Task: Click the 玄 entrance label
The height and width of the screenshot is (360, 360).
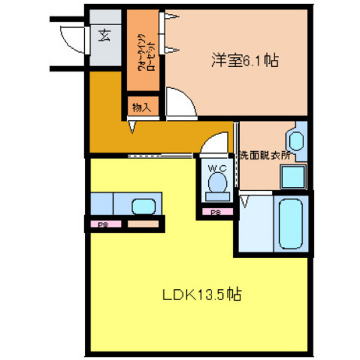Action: click(104, 35)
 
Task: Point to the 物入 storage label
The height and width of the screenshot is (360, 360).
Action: click(141, 107)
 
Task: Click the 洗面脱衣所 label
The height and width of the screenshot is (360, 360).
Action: click(265, 156)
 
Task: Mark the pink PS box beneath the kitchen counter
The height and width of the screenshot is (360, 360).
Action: click(102, 224)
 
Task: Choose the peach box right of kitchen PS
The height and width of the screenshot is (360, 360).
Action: click(141, 224)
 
